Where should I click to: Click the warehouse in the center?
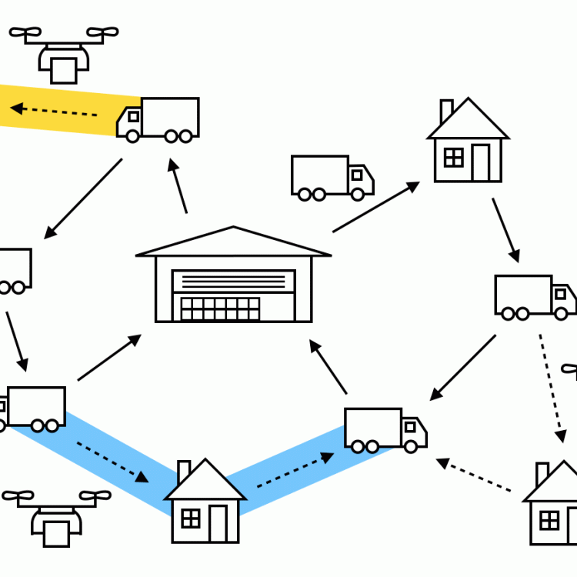click(x=234, y=277)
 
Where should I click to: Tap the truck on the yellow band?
click(x=159, y=119)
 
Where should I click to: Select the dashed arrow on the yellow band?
click(x=54, y=111)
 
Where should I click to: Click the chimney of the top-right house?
click(x=446, y=112)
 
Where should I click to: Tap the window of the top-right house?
click(x=454, y=158)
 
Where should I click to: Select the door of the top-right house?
click(x=482, y=162)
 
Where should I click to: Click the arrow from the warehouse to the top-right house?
click(x=376, y=207)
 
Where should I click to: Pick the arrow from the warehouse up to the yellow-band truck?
click(x=178, y=185)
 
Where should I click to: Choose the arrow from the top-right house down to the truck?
click(x=505, y=230)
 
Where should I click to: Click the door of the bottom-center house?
click(x=219, y=523)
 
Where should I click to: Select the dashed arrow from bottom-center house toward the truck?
click(x=295, y=470)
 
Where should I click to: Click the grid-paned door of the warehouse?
click(x=220, y=309)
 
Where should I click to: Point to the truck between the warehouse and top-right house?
click(x=331, y=177)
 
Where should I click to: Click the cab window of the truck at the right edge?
click(x=561, y=293)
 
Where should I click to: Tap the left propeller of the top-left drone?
click(x=25, y=33)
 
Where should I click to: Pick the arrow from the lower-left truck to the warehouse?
click(x=109, y=358)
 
